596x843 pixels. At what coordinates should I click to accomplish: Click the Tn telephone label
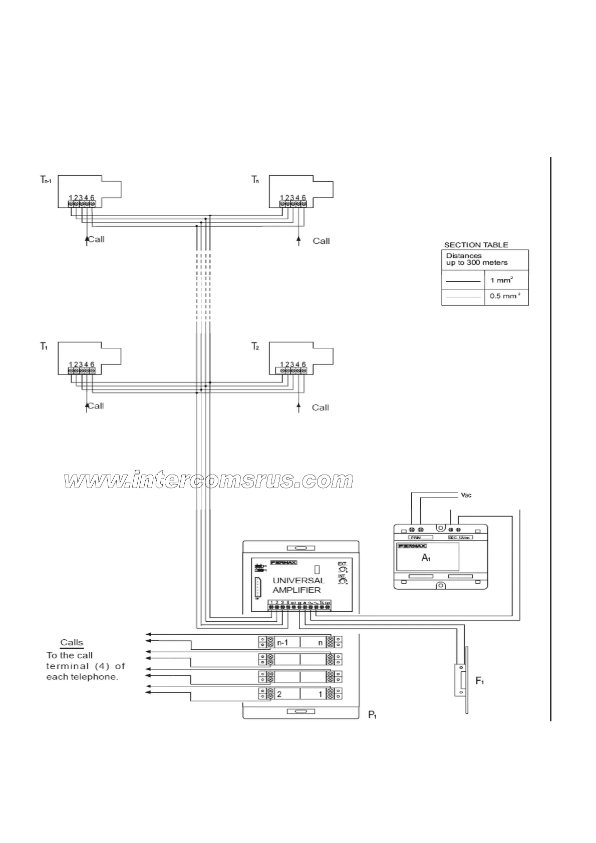coord(255,180)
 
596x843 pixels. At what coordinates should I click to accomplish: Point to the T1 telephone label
coord(44,346)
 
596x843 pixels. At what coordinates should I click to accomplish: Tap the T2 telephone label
coord(255,346)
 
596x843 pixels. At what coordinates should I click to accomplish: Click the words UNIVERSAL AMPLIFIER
coord(299,585)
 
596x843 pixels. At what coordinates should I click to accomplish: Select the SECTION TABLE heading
coord(476,245)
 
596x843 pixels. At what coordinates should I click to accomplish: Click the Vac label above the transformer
coord(466,495)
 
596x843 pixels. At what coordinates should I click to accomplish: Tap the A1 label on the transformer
coord(426,557)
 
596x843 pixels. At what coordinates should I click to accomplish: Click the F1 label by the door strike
coord(479,681)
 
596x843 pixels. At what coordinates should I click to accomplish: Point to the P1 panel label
coord(373,714)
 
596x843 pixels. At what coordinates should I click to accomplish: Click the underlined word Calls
coord(72,642)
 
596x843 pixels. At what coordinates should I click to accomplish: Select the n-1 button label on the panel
coord(282,642)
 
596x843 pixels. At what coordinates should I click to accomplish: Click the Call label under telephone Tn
coord(321,241)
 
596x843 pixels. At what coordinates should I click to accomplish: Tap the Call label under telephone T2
coord(320,407)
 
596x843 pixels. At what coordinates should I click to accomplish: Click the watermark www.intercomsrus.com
coord(209,480)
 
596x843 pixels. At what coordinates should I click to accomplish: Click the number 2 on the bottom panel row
coord(279,694)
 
